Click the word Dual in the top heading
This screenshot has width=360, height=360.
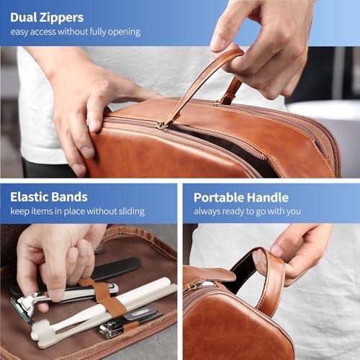(x=23, y=17)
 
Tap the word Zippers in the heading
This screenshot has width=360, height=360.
(x=62, y=18)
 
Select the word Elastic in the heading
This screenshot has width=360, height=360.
(x=29, y=197)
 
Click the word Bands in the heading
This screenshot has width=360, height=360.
(x=69, y=197)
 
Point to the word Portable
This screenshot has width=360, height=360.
(x=218, y=197)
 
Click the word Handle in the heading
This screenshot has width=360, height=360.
(x=268, y=197)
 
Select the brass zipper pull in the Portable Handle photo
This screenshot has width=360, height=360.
(x=196, y=286)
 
